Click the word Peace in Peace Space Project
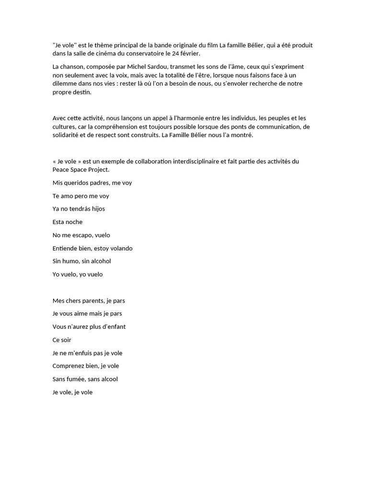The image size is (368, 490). pos(61,170)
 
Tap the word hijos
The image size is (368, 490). pos(96,209)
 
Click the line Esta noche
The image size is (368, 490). pos(67,222)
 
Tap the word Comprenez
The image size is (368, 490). pos(70,366)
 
